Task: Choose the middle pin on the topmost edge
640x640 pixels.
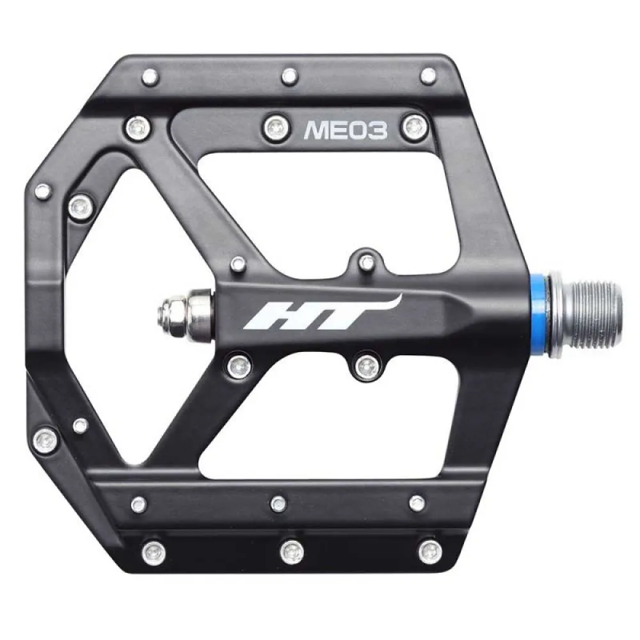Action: click(x=289, y=76)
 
